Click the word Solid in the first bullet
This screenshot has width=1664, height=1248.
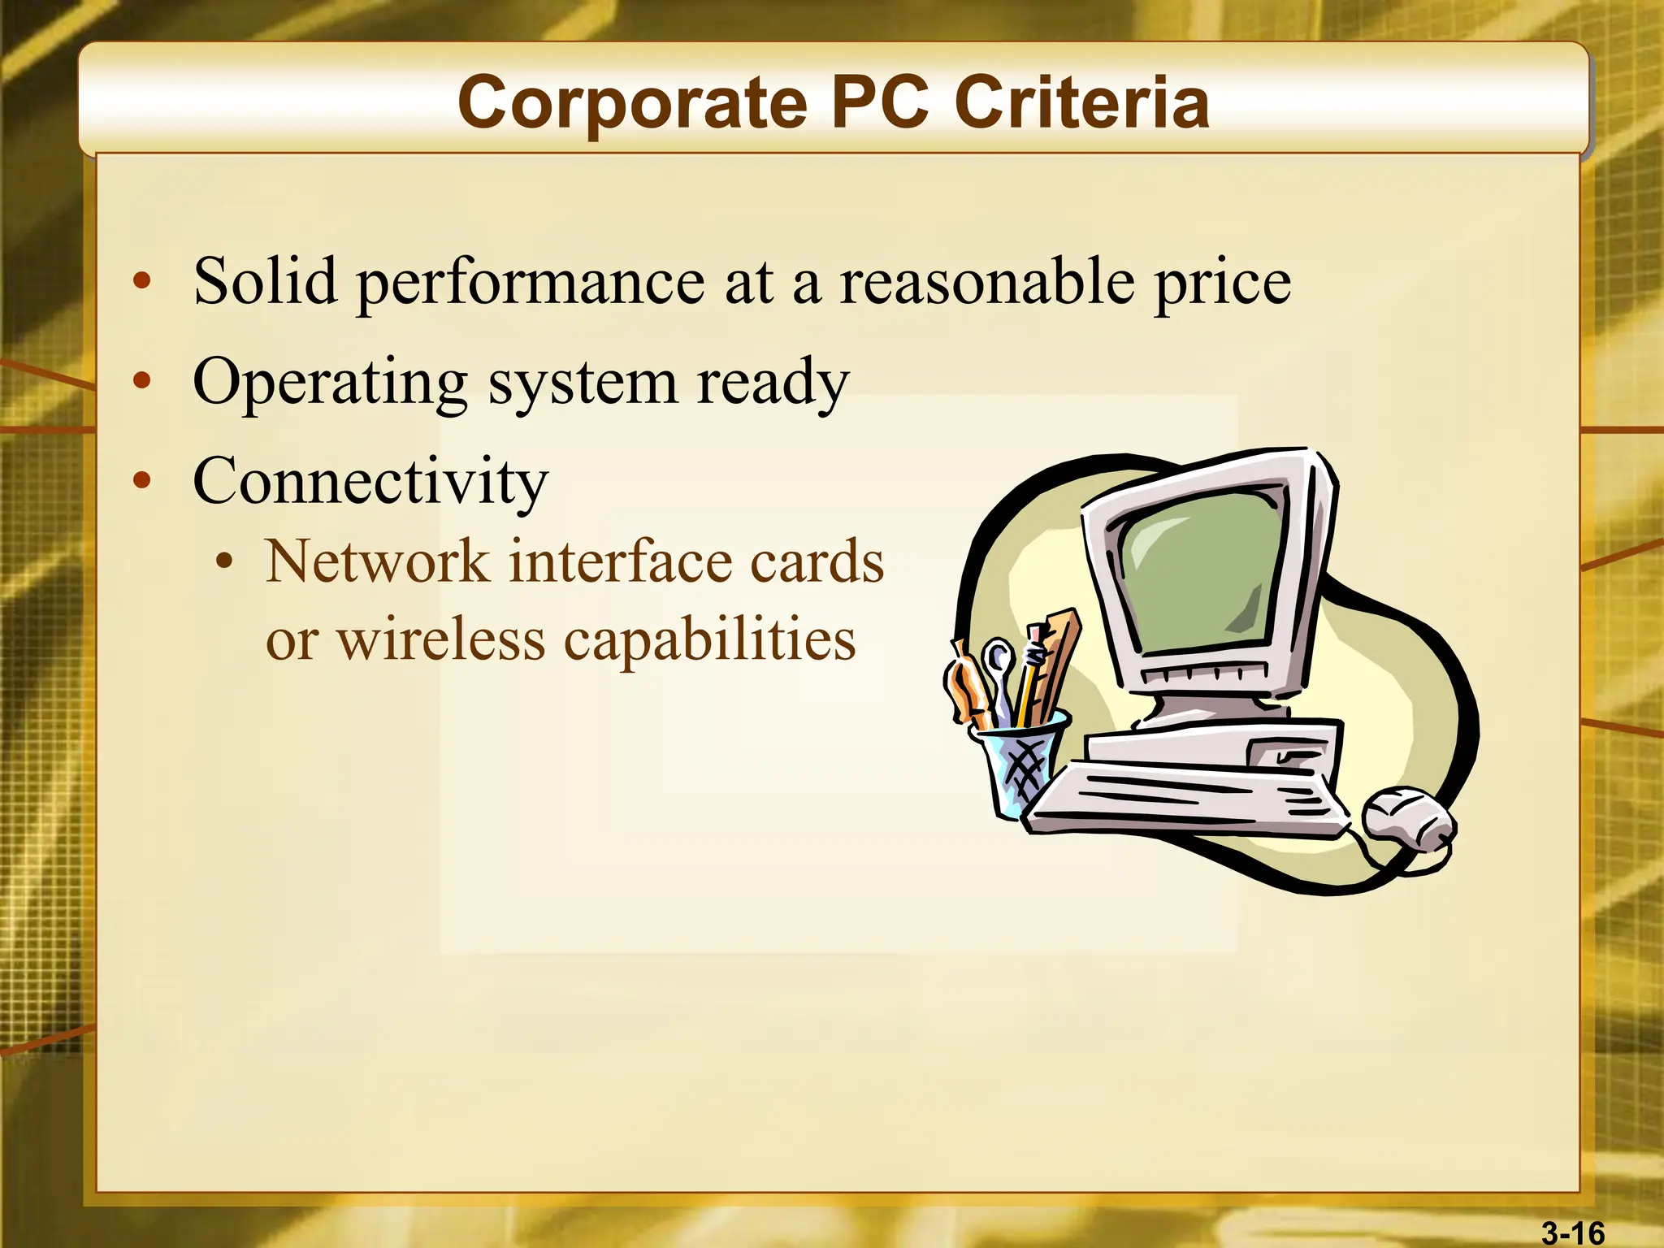pyautogui.click(x=265, y=281)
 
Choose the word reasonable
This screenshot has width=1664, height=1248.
pyautogui.click(x=986, y=281)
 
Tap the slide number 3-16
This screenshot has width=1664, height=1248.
pyautogui.click(x=1573, y=1233)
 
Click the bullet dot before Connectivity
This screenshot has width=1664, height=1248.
pyautogui.click(x=143, y=480)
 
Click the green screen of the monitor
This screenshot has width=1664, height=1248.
pyautogui.click(x=1198, y=569)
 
